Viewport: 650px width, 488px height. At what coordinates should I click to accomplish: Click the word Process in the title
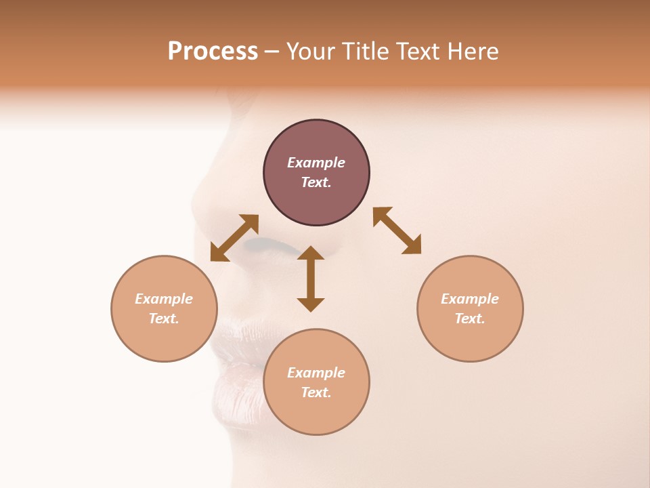click(x=213, y=52)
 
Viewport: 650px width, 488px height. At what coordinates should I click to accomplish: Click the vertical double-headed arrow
click(x=311, y=279)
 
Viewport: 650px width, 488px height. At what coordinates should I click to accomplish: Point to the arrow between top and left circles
click(x=234, y=238)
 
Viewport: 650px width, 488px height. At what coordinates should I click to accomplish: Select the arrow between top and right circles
click(x=397, y=230)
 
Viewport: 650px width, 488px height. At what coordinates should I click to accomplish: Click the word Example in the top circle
click(x=316, y=163)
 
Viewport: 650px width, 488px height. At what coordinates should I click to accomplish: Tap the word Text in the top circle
click(x=316, y=182)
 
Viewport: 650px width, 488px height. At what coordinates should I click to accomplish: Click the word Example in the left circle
click(x=164, y=299)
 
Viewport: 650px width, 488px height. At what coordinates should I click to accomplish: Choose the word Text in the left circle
click(x=164, y=319)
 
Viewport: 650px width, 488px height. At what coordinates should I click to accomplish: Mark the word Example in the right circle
click(x=470, y=299)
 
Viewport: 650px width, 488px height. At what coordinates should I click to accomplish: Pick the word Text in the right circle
click(x=470, y=319)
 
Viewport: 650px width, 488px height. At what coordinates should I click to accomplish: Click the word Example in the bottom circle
click(x=316, y=373)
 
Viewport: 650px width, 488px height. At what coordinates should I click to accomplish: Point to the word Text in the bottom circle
click(x=316, y=392)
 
